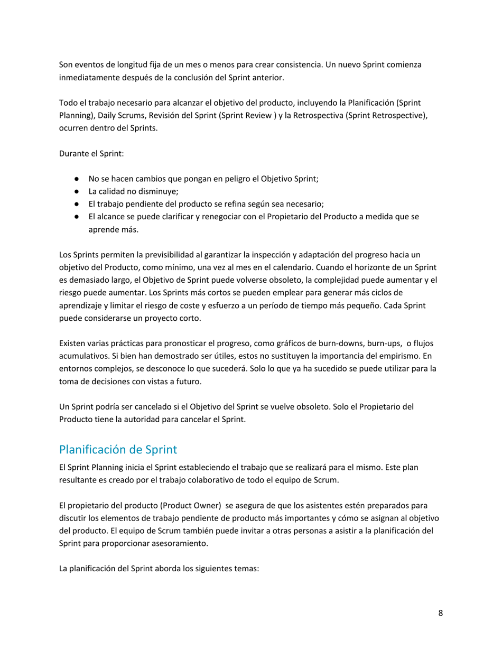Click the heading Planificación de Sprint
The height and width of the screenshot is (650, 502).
118,450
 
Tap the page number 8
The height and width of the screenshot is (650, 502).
440,614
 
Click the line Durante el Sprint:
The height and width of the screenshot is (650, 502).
91,154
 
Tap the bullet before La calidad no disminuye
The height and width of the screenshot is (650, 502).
77,191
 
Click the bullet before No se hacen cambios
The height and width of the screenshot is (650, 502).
77,179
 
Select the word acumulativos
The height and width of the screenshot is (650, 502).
82,356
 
